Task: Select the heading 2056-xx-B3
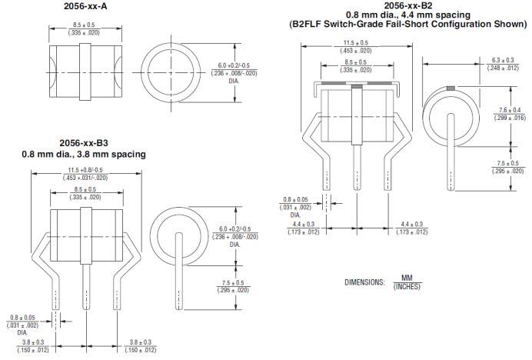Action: (84, 143)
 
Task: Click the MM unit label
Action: (407, 278)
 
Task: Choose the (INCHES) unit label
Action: (407, 287)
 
